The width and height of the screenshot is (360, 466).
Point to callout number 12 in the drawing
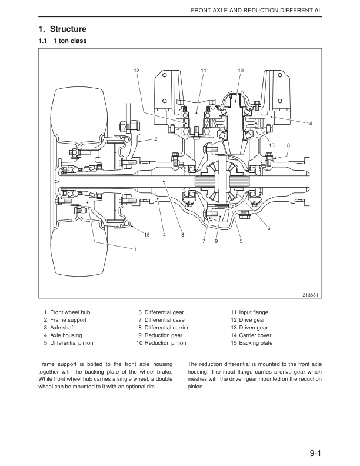tap(137, 70)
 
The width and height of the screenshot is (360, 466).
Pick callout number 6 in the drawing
tap(269, 228)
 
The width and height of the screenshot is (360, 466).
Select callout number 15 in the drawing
tap(147, 235)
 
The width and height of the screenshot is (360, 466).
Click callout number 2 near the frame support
tap(156, 139)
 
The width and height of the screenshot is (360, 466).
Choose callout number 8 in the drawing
tap(288, 145)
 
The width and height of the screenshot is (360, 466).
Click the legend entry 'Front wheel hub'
tap(70, 312)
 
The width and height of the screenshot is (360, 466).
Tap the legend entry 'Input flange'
tap(254, 312)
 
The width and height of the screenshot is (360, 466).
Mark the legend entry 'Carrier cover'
tap(255, 335)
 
